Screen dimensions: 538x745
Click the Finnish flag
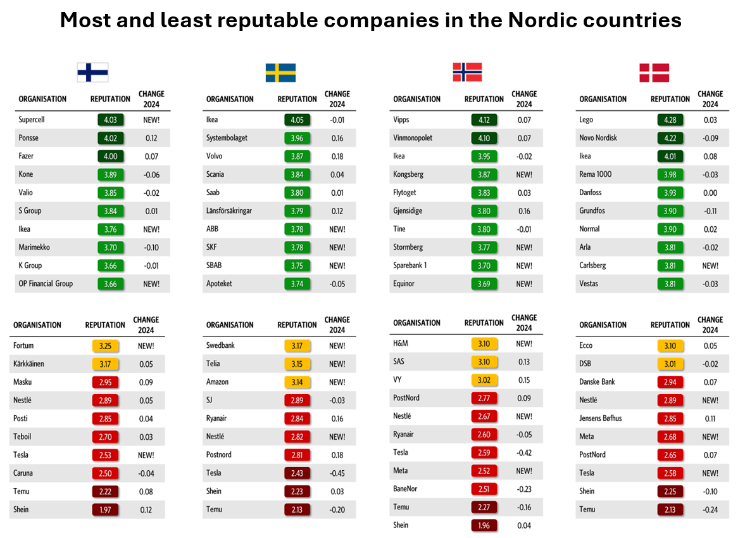click(x=92, y=72)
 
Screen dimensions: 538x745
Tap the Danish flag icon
click(x=654, y=72)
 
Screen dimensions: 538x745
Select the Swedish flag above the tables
click(x=280, y=72)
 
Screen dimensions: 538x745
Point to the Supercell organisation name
click(x=32, y=120)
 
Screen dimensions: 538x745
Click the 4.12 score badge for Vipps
click(x=484, y=120)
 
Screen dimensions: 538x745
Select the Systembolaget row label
click(x=227, y=138)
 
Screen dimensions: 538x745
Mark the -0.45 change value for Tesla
click(x=337, y=473)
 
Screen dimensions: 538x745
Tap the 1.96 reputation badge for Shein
click(x=484, y=525)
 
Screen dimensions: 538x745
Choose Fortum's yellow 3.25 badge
click(x=106, y=346)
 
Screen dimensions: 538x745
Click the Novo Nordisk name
click(x=598, y=138)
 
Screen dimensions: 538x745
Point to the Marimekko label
click(x=34, y=247)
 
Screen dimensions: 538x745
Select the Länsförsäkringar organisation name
click(x=229, y=211)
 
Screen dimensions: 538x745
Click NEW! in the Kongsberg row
click(x=524, y=174)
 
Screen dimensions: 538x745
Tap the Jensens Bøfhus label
click(x=601, y=418)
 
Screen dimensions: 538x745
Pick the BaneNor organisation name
click(x=405, y=489)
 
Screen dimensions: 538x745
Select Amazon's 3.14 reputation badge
click(x=297, y=382)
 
